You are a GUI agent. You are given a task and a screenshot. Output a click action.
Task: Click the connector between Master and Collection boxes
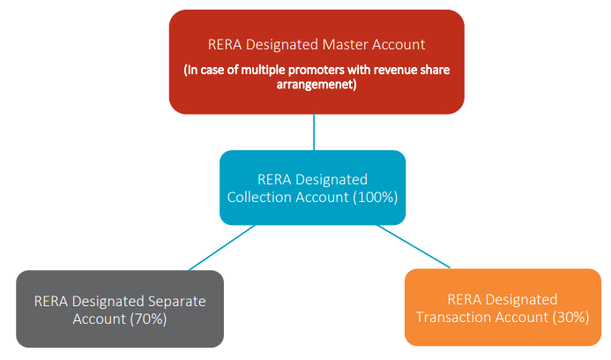point(314,132)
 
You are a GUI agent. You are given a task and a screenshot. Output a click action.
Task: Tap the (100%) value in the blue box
point(376,197)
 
